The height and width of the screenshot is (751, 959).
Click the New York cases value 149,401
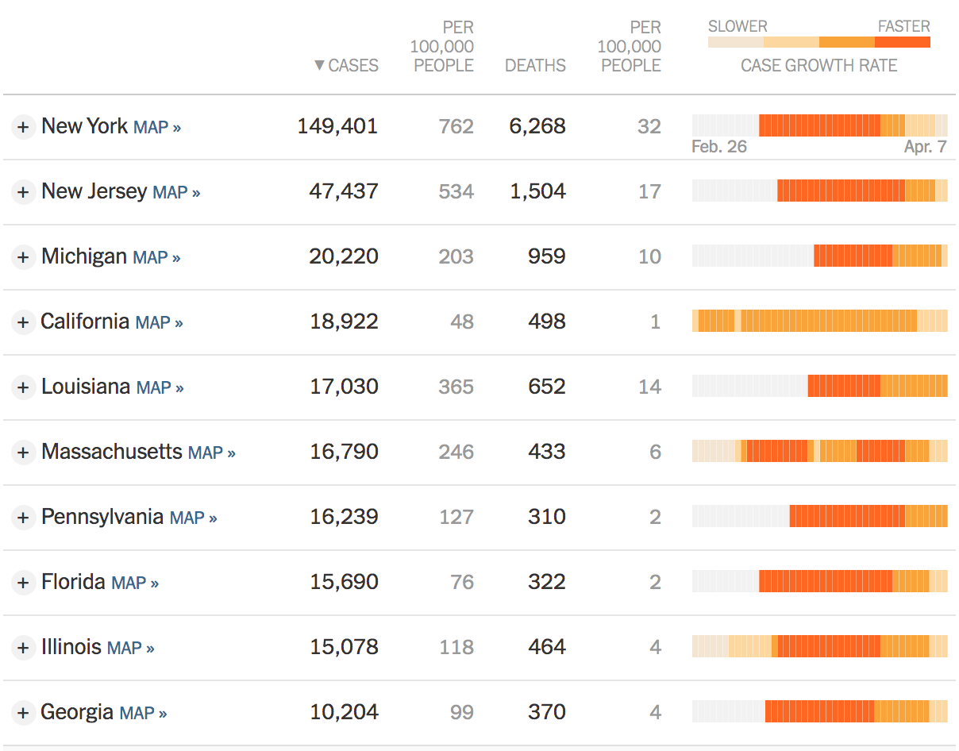coord(337,126)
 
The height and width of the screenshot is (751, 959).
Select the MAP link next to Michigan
coord(156,257)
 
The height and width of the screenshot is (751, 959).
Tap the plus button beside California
coord(23,322)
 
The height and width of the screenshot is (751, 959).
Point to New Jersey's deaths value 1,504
coord(537,191)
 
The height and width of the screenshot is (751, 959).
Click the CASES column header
coord(353,65)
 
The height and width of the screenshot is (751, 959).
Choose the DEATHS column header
coord(535,65)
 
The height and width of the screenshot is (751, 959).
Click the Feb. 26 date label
coord(719,147)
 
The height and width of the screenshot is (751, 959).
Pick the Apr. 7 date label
coord(925,147)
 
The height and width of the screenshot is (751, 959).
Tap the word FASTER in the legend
coord(903,26)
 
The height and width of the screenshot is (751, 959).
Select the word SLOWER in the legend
coord(738,26)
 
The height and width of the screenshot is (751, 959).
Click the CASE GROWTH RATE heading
coord(818,65)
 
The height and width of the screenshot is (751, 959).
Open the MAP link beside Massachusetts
coord(211,453)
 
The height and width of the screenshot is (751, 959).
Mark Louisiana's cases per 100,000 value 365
coord(456,387)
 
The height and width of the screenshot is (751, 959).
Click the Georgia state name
coord(77,712)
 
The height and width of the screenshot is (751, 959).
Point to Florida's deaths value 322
coord(547,582)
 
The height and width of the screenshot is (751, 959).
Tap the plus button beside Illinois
coord(23,648)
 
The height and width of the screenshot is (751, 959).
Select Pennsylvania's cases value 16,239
coord(344,517)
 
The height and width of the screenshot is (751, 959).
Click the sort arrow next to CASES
coord(319,65)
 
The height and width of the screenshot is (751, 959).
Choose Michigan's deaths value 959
coord(547,256)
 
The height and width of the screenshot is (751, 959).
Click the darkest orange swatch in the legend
coord(902,42)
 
